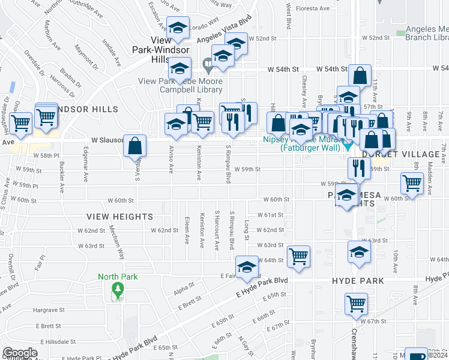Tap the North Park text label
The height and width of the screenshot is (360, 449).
(118, 277)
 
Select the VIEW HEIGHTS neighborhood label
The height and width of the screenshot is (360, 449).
(119, 216)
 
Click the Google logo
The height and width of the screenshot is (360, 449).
(20, 353)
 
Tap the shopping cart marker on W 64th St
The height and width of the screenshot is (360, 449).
(298, 257)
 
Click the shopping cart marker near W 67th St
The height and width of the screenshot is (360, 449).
(357, 304)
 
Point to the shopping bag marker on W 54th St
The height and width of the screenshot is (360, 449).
(360, 76)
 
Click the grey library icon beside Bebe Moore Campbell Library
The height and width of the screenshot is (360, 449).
(208, 62)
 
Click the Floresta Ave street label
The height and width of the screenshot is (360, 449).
(317, 9)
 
